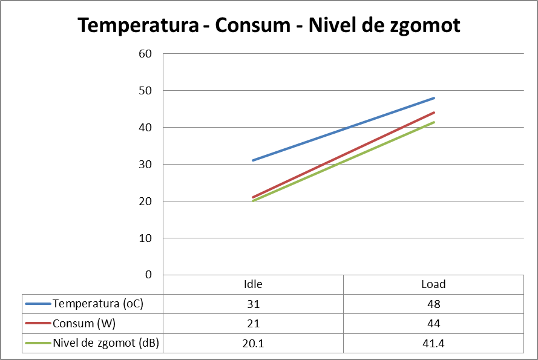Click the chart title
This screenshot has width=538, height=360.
269,25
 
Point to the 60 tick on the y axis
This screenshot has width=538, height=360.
145,54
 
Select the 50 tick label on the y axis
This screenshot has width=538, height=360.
145,91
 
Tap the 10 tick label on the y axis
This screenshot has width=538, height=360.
145,238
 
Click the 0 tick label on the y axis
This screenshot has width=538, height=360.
149,275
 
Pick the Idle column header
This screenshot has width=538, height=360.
253,284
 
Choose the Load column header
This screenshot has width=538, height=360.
433,284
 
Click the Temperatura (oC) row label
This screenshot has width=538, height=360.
97,304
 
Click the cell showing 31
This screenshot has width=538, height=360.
253,304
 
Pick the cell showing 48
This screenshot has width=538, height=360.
433,304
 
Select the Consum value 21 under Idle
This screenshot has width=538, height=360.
253,324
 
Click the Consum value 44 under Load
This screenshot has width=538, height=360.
433,324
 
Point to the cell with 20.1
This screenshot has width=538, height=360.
253,344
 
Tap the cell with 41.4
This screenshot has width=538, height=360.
433,344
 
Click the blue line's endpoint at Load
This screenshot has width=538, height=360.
434,98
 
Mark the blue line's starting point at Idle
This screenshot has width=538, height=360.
253,160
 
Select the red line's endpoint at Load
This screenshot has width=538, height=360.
434,113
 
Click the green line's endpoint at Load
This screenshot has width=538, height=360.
434,122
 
